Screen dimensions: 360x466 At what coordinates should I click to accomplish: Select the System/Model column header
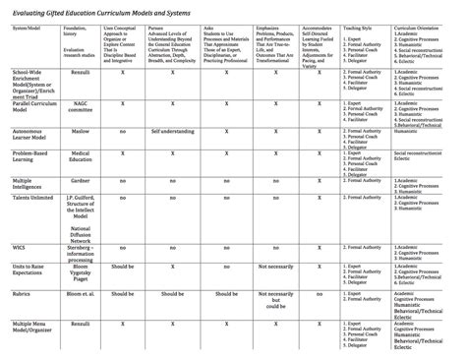coord(27,29)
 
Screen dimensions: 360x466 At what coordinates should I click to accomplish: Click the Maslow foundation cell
coord(81,129)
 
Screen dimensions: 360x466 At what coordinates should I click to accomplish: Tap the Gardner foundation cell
coord(81,181)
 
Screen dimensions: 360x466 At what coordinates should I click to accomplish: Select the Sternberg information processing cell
coord(82,252)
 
